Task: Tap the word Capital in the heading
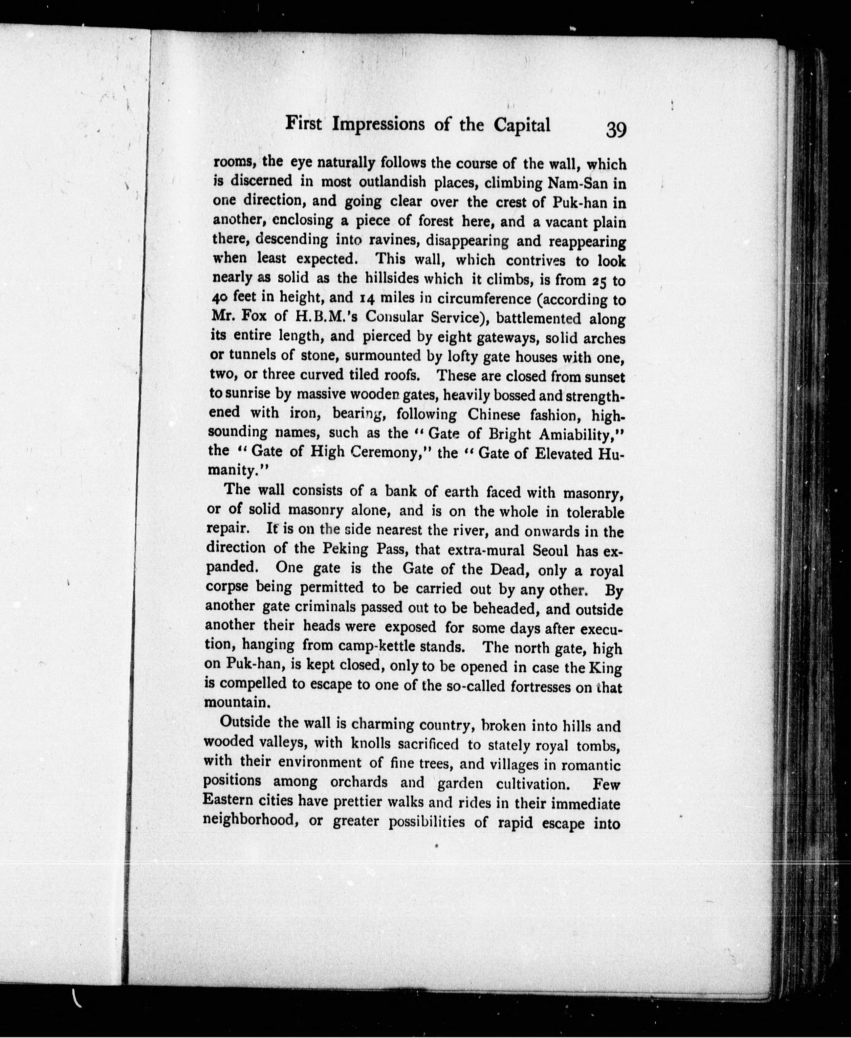(x=522, y=125)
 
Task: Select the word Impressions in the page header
(x=379, y=124)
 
